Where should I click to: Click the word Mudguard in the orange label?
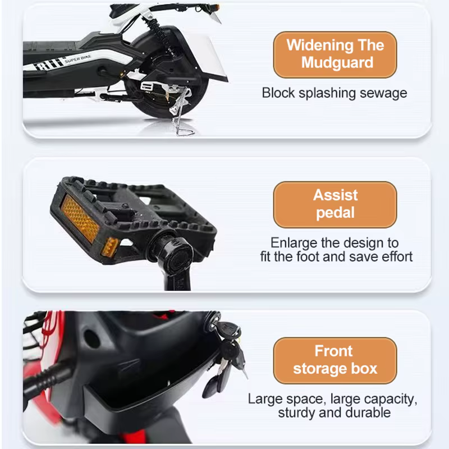337,63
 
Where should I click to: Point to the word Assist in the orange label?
335,195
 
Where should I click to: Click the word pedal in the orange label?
335,213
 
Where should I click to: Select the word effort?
397,256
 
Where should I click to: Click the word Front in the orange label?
333,351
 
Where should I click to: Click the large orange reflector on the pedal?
80,218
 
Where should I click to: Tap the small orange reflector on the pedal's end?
111,247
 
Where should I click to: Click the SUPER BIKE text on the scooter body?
78,59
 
